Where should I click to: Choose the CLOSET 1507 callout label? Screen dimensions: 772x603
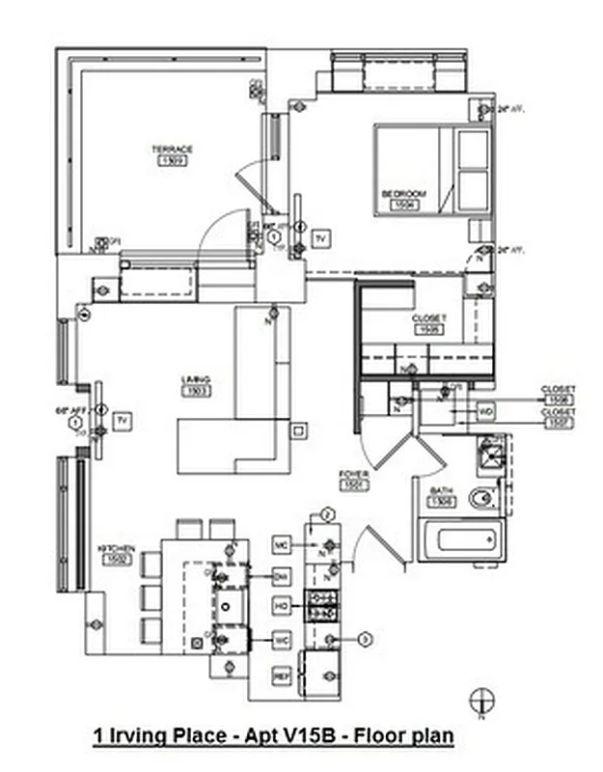click(x=559, y=417)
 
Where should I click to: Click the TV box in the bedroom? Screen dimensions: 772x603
click(x=321, y=237)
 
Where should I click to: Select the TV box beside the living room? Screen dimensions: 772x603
click(x=122, y=420)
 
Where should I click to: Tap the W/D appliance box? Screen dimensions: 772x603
click(x=487, y=412)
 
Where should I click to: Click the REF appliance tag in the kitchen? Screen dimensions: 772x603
click(x=282, y=675)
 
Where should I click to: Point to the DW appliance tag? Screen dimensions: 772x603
click(x=282, y=576)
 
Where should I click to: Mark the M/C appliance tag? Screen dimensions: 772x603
click(x=282, y=545)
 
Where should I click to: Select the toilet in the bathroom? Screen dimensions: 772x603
click(x=481, y=499)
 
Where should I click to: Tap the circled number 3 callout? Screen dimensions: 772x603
click(x=365, y=639)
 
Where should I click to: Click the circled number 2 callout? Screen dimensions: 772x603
click(x=327, y=514)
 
